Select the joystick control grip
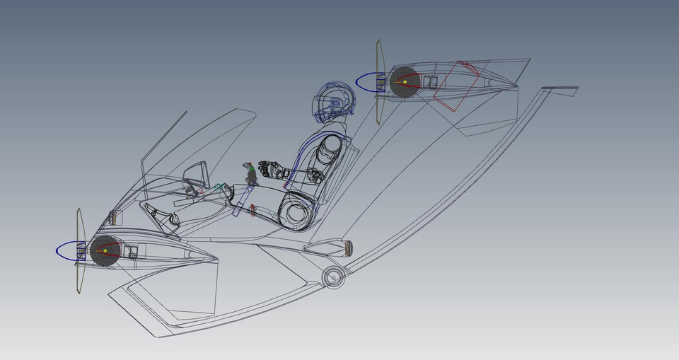pos(251,174)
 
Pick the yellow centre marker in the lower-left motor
pos(105,250)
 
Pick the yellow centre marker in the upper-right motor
pos(404,82)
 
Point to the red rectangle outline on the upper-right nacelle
pos(457,86)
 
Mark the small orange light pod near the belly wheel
pos(347,247)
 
